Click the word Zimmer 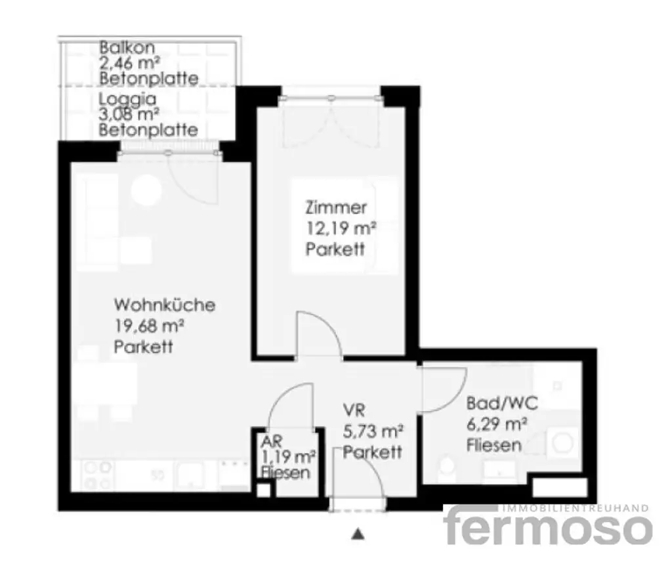335,209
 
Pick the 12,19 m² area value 340,229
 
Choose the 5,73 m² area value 372,432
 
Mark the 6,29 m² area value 497,423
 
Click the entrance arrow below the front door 358,534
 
